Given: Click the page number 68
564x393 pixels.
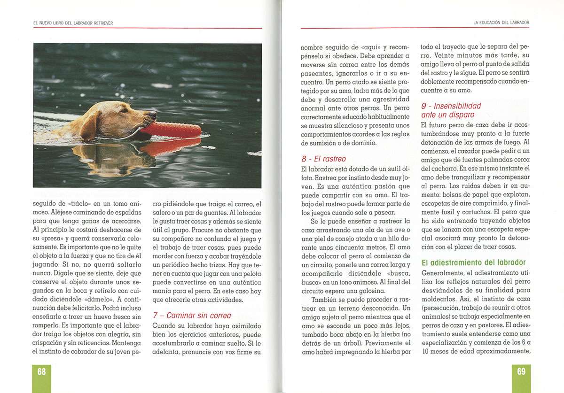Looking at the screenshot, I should point(41,371).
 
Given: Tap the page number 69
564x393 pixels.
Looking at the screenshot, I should point(521,371).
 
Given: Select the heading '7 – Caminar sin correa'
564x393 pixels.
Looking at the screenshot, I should point(192,316).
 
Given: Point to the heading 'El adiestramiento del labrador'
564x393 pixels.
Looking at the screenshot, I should point(474,263).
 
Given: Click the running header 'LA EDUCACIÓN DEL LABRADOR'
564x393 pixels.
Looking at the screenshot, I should point(501,23).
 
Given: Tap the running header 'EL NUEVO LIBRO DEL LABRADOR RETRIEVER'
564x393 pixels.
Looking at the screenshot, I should point(73,23).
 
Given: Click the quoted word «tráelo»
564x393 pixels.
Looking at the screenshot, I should point(78,204).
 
